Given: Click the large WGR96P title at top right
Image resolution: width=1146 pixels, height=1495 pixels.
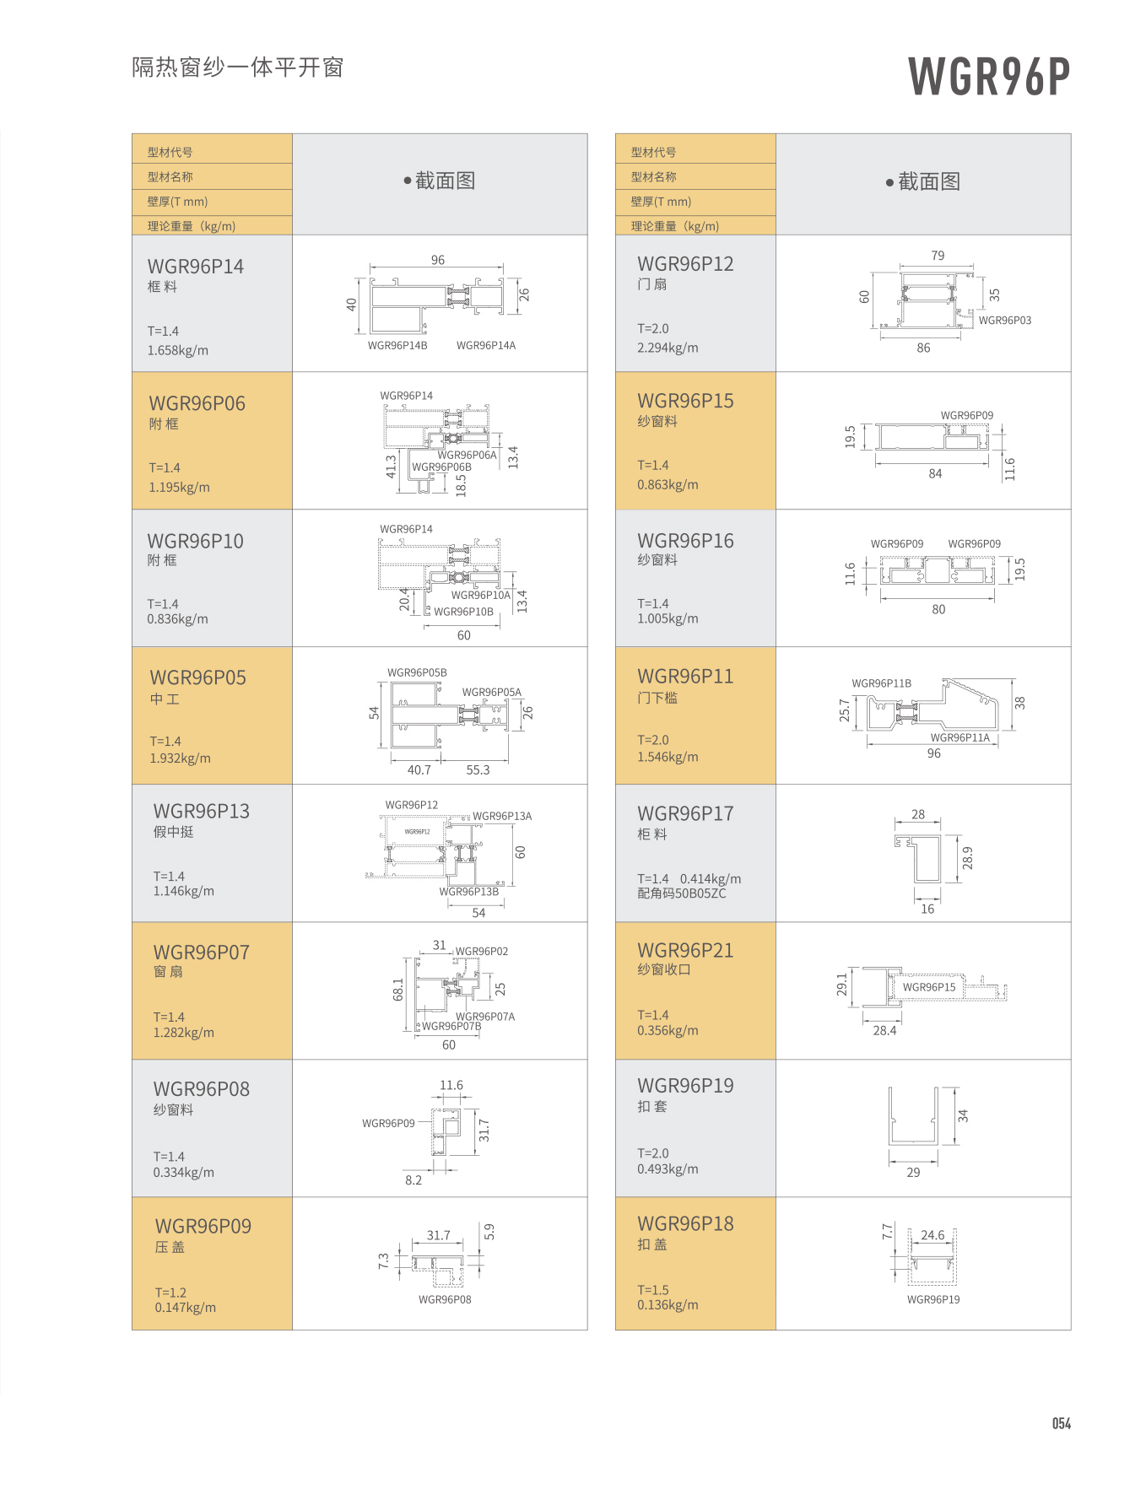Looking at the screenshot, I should [x=988, y=77].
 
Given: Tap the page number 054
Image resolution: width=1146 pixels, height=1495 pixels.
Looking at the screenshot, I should [x=1061, y=1423].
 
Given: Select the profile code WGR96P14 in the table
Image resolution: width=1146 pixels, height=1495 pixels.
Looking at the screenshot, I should [x=196, y=267].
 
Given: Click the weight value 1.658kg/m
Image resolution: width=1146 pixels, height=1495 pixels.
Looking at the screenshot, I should [x=178, y=350].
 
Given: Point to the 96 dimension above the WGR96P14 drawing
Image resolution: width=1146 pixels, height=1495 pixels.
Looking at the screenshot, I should [x=437, y=260].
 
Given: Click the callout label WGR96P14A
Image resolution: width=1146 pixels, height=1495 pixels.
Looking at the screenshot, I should [x=486, y=345].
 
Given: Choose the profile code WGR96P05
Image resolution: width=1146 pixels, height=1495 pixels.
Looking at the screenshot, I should [x=198, y=677].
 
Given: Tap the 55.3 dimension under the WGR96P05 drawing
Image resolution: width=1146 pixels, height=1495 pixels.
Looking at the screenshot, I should [x=478, y=769].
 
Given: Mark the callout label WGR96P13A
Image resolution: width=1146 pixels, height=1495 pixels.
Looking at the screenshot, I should [x=502, y=816].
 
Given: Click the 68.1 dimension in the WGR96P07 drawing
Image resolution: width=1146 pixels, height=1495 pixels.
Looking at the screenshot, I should [x=398, y=989].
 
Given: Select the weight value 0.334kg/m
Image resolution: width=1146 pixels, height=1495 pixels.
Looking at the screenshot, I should [x=184, y=1172].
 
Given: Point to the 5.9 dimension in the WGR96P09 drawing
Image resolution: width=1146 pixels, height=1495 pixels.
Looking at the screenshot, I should [x=489, y=1232].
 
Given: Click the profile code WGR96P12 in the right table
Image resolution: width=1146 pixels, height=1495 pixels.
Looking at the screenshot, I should [x=685, y=264].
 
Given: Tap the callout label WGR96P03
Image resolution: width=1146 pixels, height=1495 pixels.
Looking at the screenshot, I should [x=1004, y=321].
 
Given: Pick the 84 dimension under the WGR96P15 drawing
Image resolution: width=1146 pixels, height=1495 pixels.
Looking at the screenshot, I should [x=935, y=473].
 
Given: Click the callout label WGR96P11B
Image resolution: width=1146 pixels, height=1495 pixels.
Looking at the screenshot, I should [x=881, y=683].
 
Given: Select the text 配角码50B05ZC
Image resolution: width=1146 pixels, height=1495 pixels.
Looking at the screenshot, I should [x=682, y=893].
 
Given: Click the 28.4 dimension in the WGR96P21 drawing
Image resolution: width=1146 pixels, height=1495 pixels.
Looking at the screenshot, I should [x=884, y=1030].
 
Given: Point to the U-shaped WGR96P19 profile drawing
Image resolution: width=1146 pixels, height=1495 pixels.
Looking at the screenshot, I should [x=913, y=1117].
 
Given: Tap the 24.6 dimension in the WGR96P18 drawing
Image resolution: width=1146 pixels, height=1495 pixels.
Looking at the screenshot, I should [x=932, y=1235].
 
